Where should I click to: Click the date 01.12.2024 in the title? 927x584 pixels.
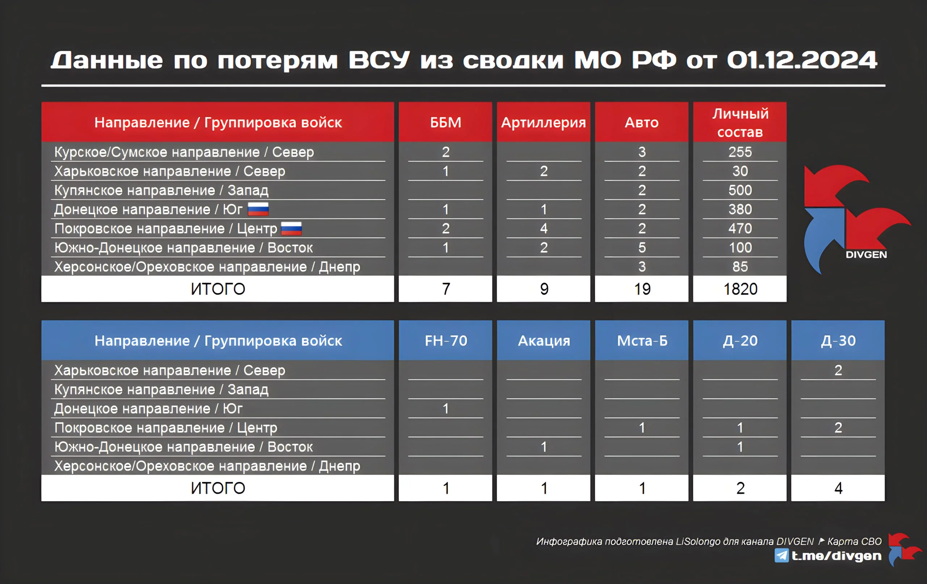(x=802, y=60)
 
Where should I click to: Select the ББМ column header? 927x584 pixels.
(x=445, y=122)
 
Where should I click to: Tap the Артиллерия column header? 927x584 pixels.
(x=544, y=122)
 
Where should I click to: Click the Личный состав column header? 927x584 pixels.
(x=740, y=122)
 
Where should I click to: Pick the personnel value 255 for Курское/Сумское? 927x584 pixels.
(x=740, y=152)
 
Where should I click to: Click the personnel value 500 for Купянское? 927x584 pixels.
(x=740, y=190)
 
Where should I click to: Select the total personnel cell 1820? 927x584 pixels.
(x=740, y=289)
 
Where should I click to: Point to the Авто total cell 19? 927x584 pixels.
(x=642, y=289)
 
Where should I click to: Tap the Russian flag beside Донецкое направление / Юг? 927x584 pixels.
(x=258, y=209)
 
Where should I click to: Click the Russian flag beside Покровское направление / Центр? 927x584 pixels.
(x=291, y=228)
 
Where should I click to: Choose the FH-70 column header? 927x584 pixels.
(x=445, y=340)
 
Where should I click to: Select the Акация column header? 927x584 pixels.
(x=544, y=340)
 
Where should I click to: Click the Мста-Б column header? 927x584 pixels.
(x=642, y=340)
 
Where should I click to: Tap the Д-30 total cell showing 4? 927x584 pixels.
(x=838, y=488)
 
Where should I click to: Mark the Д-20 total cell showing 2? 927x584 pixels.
(x=740, y=488)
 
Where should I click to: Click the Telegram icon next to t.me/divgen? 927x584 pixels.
(x=781, y=555)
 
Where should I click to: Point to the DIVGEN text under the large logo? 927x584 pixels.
(x=866, y=254)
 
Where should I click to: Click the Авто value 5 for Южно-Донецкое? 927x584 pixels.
(x=642, y=247)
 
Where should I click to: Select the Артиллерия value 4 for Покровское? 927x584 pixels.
(x=544, y=228)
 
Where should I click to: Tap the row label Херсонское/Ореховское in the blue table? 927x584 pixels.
(x=207, y=466)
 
